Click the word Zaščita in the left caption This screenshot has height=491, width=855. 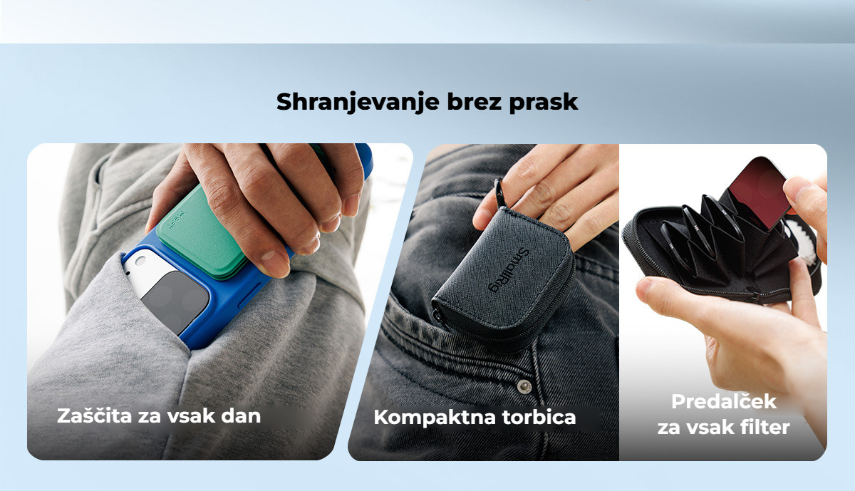coord(95,415)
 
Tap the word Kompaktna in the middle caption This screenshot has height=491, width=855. coord(434,418)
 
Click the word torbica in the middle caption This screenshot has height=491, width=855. coord(539,417)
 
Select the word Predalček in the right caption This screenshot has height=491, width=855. coord(724,401)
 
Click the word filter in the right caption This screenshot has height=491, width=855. coord(765,427)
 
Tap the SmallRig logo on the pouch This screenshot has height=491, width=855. coord(509,270)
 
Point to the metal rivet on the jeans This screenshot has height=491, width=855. coord(524,387)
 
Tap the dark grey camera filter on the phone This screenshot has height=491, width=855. coord(175,301)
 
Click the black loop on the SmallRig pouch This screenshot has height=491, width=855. coord(501,194)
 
